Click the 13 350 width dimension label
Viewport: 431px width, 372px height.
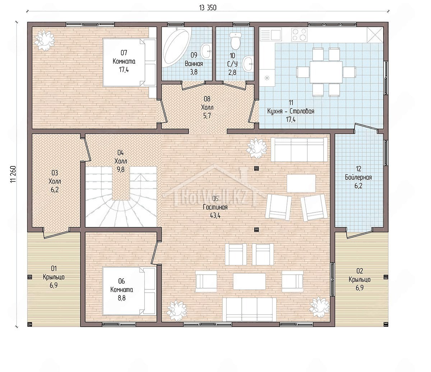coord(208,8)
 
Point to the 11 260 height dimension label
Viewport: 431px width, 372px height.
coord(13,175)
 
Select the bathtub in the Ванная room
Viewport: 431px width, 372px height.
coord(177,47)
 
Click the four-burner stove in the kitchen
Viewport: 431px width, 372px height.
coord(300,35)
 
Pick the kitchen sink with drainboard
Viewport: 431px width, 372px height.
coord(271,35)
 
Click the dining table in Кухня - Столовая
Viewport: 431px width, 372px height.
coord(326,72)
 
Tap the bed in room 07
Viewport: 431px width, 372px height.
coord(130,63)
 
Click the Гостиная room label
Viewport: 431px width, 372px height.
coord(215,207)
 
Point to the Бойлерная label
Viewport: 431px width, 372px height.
coord(358,177)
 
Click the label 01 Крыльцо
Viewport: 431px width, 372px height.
coord(54,273)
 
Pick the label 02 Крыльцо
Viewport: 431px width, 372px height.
coord(360,275)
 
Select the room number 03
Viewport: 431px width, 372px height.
coord(55,173)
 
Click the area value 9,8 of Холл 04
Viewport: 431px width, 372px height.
coord(121,169)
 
